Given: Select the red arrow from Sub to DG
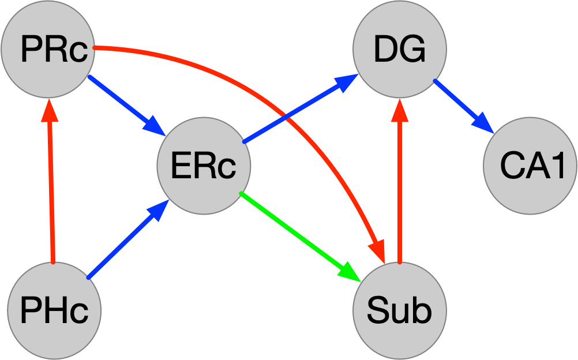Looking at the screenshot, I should coord(399,190).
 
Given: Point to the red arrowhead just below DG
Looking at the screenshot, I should coord(399,112).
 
